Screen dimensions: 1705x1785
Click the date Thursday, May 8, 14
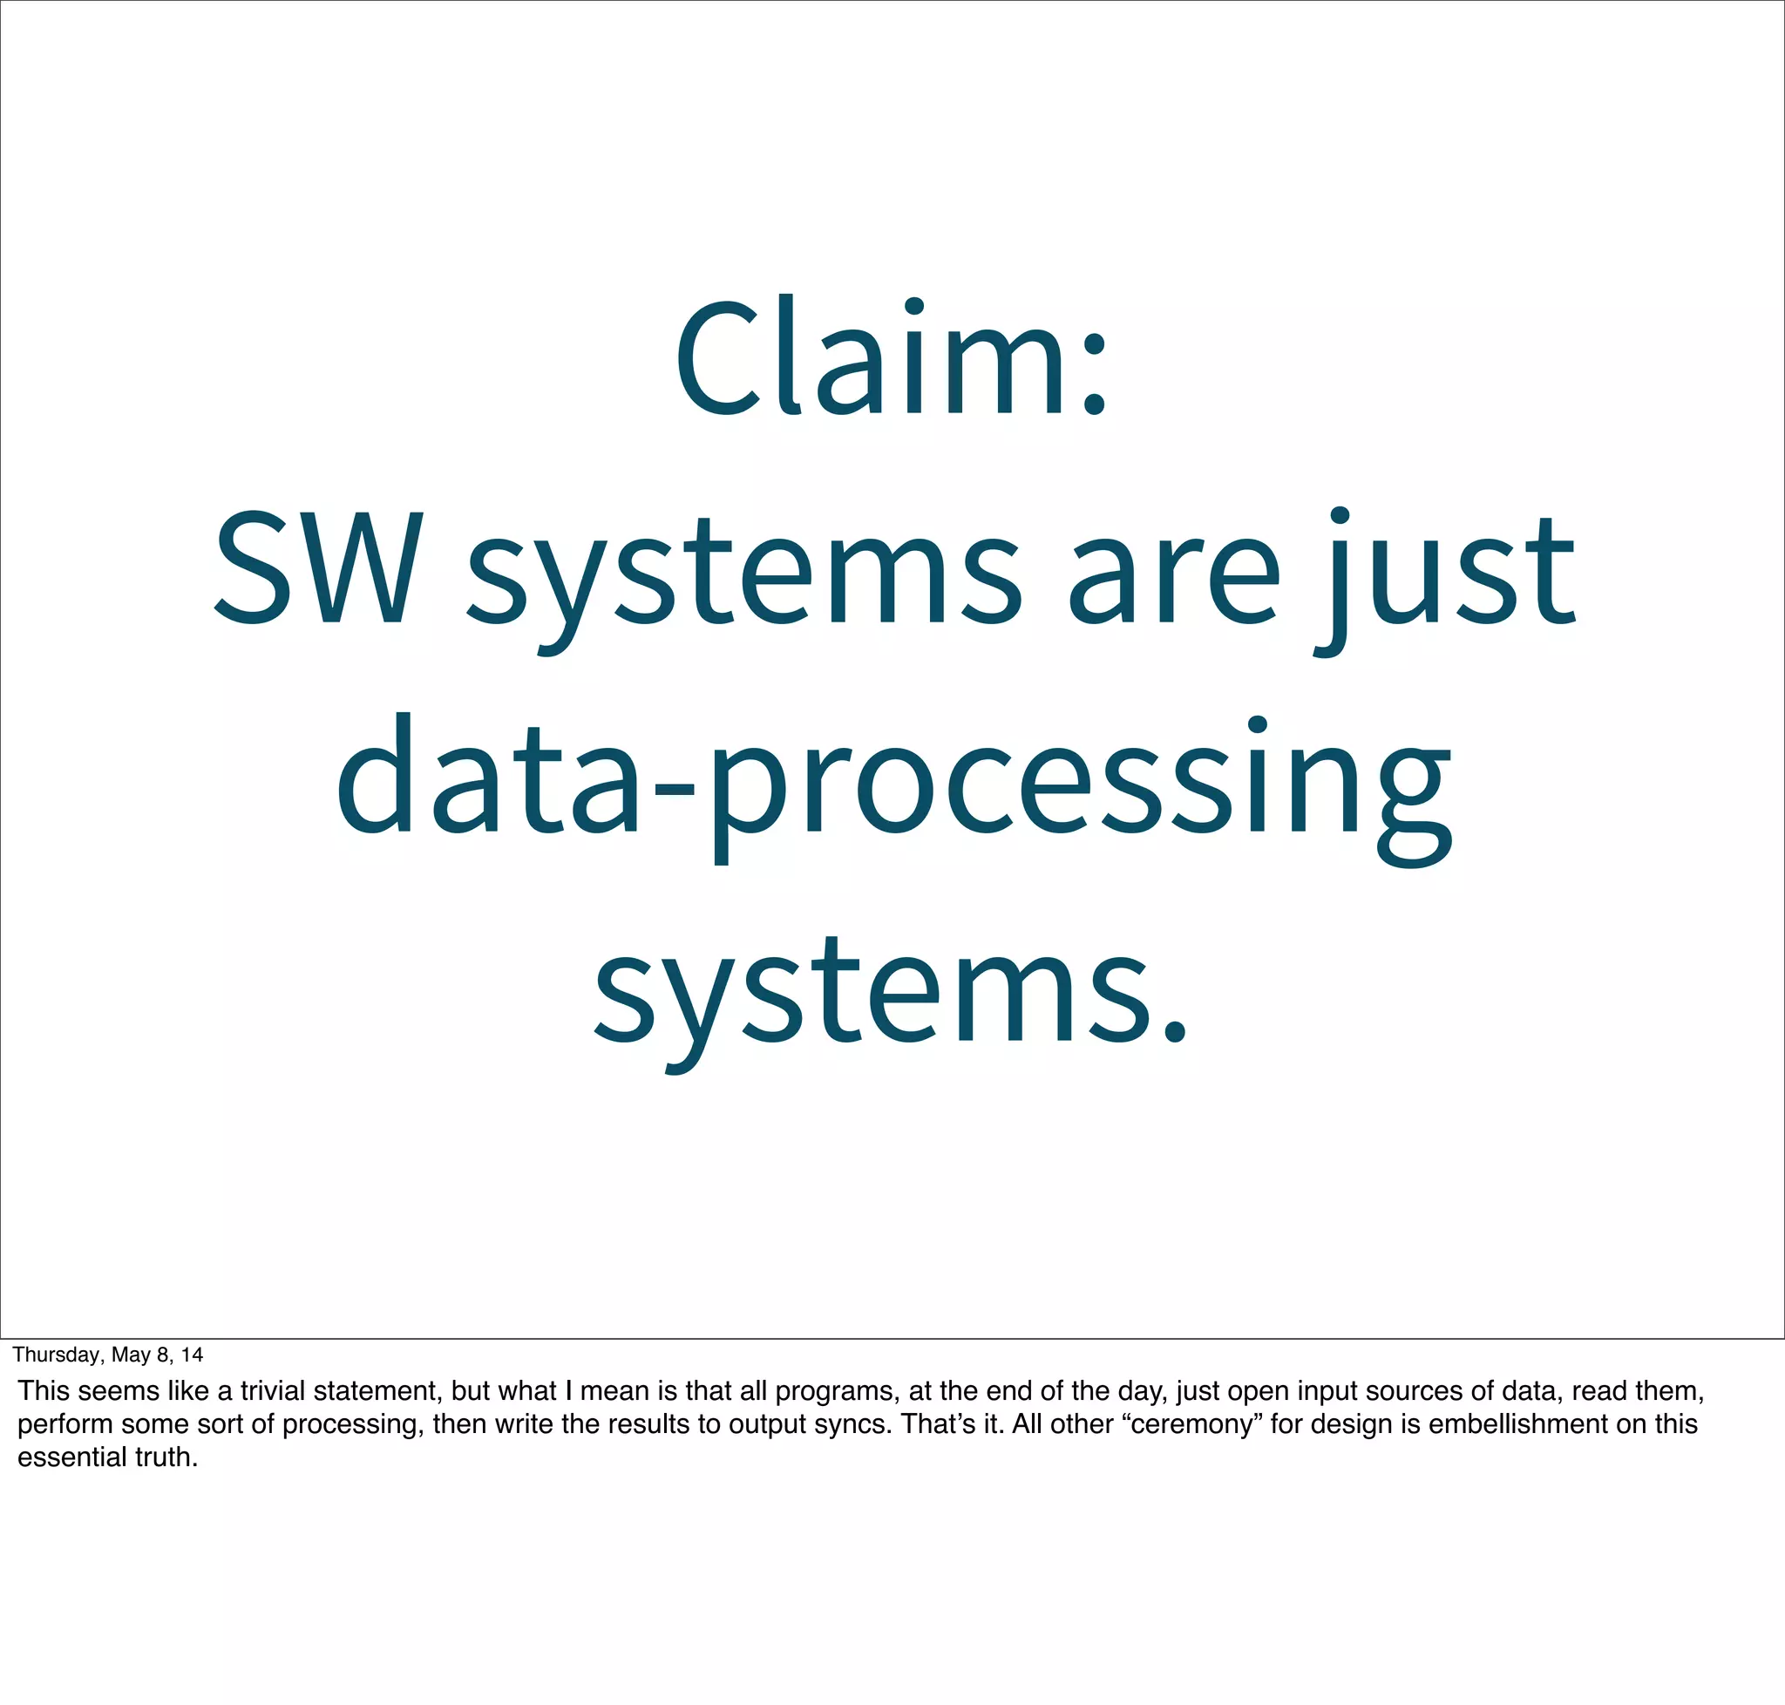coord(107,1355)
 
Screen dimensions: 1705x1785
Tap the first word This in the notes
coord(43,1391)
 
